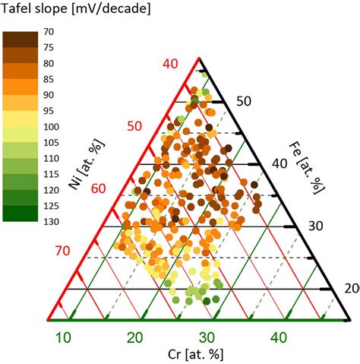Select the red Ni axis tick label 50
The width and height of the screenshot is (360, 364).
[x=134, y=125]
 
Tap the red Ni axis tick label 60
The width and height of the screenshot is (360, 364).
[x=99, y=187]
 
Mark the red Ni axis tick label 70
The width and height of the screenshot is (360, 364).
[x=62, y=249]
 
